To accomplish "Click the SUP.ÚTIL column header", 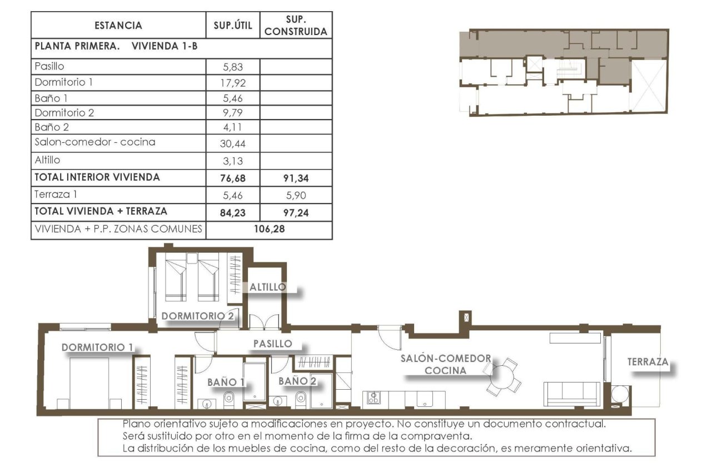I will [233, 26].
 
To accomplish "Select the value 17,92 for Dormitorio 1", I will [233, 83].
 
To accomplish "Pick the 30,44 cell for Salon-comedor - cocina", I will [233, 143].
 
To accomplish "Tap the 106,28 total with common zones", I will [269, 229].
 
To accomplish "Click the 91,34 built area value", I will [296, 178].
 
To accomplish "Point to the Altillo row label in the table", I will [47, 160].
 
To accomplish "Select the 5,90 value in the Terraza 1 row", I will [296, 195].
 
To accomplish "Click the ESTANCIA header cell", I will [118, 26].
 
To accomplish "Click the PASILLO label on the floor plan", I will [272, 344].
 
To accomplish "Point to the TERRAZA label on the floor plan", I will [648, 362].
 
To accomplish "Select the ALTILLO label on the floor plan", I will [267, 287].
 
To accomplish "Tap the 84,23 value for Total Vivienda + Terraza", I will [233, 212].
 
